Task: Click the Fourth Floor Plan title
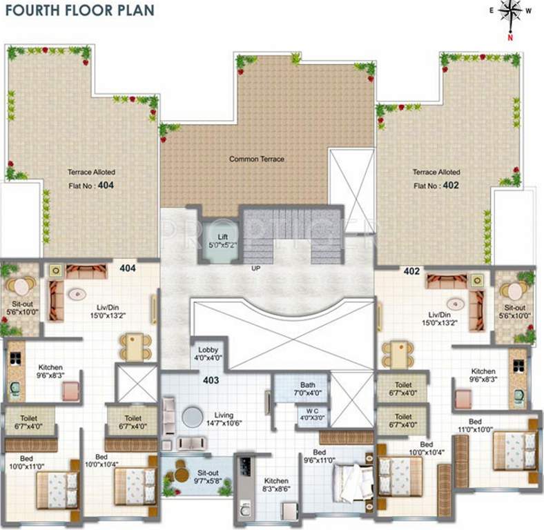pyautogui.click(x=77, y=10)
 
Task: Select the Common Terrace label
pyautogui.click(x=257, y=159)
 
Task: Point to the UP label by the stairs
pyautogui.click(x=255, y=268)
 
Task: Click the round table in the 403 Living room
pyautogui.click(x=190, y=417)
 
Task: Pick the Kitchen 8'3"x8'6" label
pyautogui.click(x=275, y=485)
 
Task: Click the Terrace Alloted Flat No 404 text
pyautogui.click(x=91, y=179)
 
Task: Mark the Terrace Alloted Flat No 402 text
pyautogui.click(x=436, y=179)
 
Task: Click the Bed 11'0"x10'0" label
pyautogui.click(x=475, y=425)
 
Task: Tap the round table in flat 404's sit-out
pyautogui.click(x=21, y=285)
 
